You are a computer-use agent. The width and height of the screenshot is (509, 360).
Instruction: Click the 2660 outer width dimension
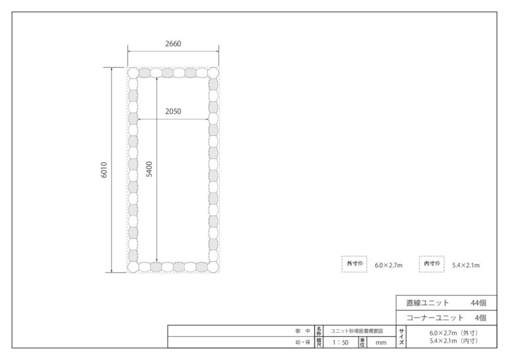173,44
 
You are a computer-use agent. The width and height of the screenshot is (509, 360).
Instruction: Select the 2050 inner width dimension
173,111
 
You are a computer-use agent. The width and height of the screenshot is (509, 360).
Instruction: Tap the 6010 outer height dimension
104,170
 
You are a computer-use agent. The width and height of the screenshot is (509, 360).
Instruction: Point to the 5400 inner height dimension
149,169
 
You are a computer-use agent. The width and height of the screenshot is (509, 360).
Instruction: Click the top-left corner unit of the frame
133,73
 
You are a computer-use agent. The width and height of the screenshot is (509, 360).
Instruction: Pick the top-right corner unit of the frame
213,73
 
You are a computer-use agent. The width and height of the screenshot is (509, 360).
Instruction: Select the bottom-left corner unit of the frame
133,267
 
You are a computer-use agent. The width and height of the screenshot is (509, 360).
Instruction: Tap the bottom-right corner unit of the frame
213,267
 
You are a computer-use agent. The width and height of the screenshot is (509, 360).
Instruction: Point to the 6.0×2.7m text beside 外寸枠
388,265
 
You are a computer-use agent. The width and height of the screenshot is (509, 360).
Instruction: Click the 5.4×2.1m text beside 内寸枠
466,265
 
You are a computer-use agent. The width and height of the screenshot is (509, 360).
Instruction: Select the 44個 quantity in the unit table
479,303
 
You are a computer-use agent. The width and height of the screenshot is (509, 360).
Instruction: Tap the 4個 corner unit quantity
481,318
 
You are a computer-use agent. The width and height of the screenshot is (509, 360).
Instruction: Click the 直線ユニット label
428,303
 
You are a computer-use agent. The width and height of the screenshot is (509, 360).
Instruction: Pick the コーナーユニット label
435,318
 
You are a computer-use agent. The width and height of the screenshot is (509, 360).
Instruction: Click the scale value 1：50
340,343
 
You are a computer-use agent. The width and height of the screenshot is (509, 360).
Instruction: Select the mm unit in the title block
381,343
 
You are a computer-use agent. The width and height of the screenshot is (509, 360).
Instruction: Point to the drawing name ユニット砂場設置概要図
357,331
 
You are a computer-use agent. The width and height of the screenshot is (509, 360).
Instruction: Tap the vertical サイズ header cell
401,337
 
